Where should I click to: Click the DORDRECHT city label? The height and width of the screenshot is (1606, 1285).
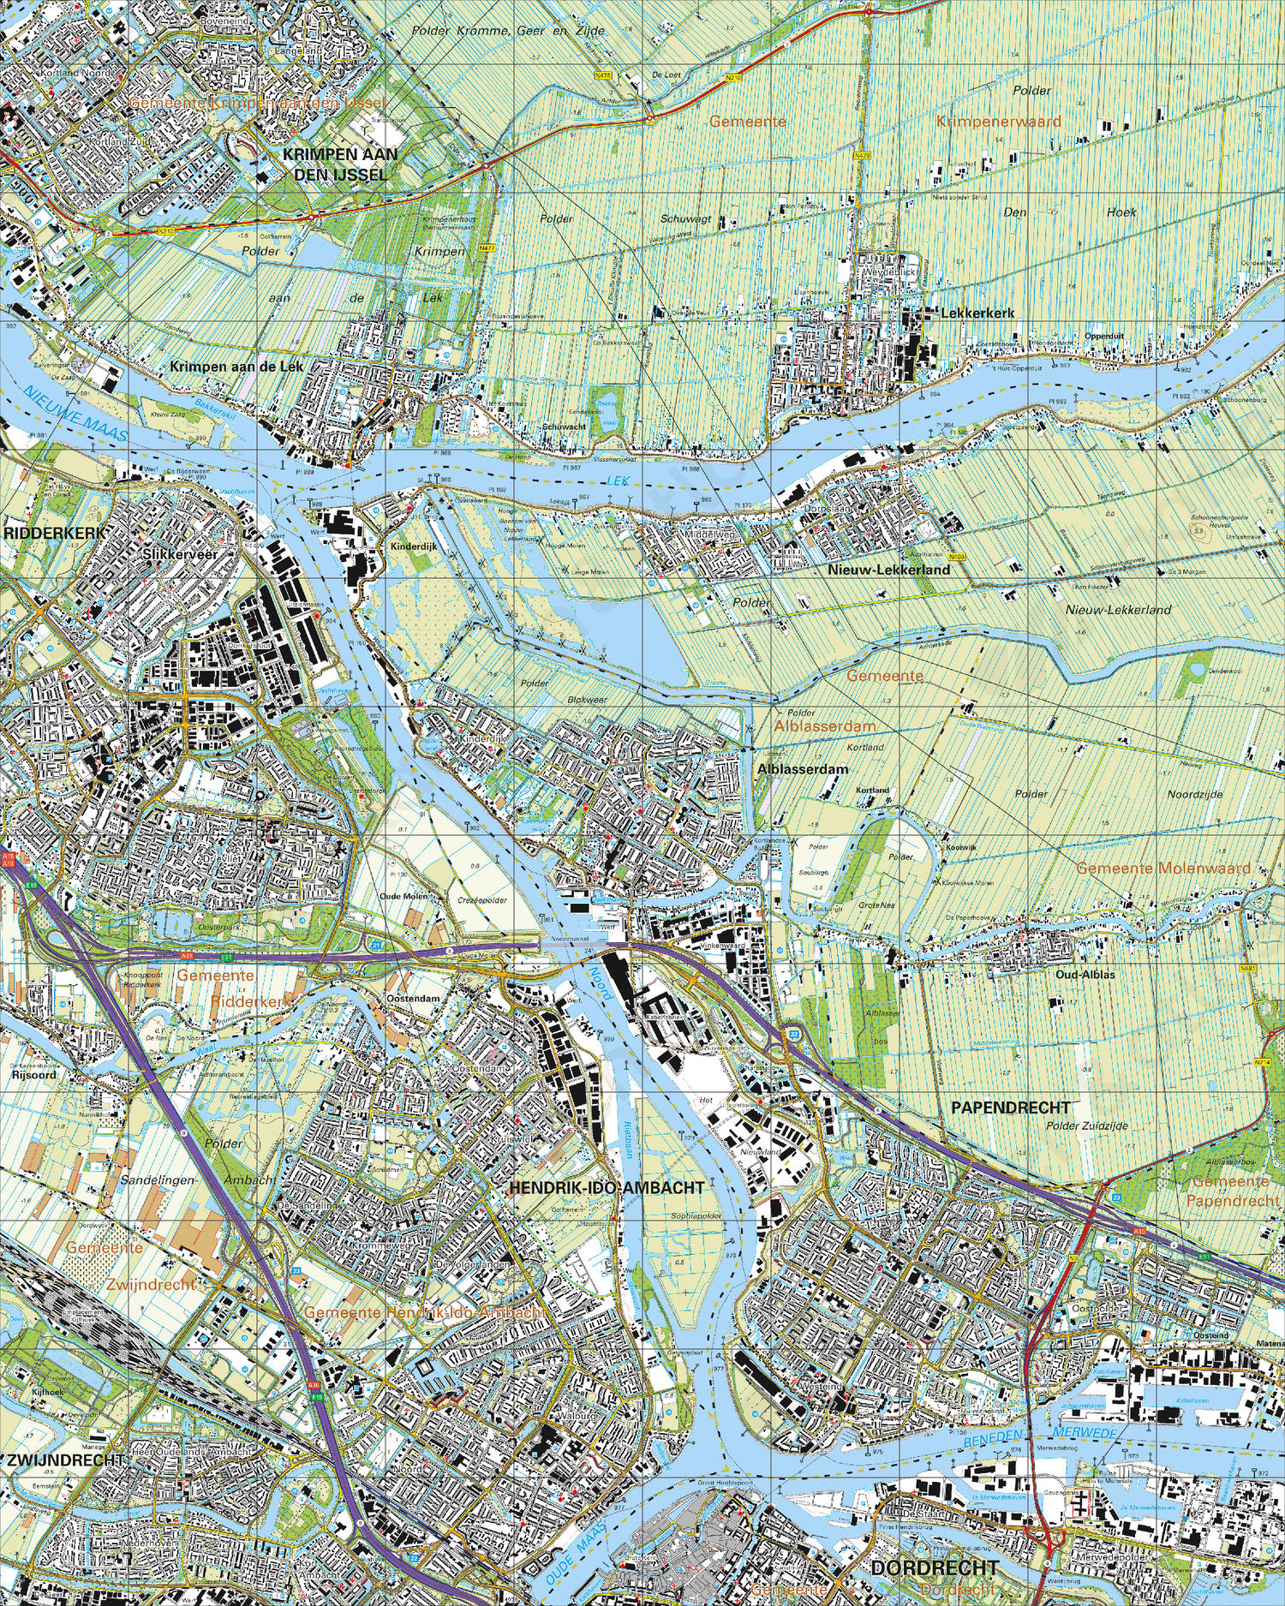pyautogui.click(x=935, y=1567)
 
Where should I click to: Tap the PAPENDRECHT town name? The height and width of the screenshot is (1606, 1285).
pyautogui.click(x=1010, y=1107)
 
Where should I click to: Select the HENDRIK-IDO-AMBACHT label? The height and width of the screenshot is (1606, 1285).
pyautogui.click(x=607, y=1188)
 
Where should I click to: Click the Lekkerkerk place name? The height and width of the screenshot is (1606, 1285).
pyautogui.click(x=977, y=313)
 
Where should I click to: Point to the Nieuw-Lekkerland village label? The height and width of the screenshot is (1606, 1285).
pyautogui.click(x=888, y=570)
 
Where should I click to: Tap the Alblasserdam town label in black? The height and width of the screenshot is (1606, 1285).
pyautogui.click(x=803, y=769)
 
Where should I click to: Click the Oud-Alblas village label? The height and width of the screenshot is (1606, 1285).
pyautogui.click(x=1085, y=975)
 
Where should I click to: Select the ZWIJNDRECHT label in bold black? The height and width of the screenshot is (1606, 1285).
pyautogui.click(x=66, y=1460)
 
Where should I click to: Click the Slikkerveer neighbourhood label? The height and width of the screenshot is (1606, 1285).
pyautogui.click(x=180, y=554)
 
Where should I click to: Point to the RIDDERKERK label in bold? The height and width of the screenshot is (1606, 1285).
pyautogui.click(x=54, y=533)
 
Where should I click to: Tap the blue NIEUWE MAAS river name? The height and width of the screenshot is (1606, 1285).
pyautogui.click(x=75, y=414)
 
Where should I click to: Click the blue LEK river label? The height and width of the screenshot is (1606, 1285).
pyautogui.click(x=618, y=481)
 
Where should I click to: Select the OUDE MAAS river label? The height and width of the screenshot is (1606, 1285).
pyautogui.click(x=575, y=1551)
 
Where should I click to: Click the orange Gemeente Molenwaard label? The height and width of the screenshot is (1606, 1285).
pyautogui.click(x=1162, y=869)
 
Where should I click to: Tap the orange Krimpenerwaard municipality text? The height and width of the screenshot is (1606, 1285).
pyautogui.click(x=998, y=122)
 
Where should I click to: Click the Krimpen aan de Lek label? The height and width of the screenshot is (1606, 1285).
pyautogui.click(x=236, y=367)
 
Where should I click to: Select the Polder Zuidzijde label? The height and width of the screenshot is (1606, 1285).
pyautogui.click(x=1086, y=1126)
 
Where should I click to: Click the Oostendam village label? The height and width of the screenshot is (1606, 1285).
pyautogui.click(x=413, y=999)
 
